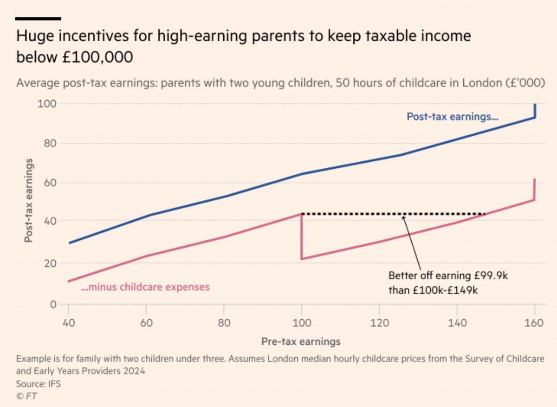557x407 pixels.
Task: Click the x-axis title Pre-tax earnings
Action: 301,341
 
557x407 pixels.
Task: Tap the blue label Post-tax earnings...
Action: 453,117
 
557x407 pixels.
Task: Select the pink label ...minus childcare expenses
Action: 145,287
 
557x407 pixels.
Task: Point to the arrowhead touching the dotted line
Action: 403,217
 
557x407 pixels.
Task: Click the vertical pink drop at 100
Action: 302,237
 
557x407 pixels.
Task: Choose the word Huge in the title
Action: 33,36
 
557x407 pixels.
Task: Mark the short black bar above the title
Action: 38,19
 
